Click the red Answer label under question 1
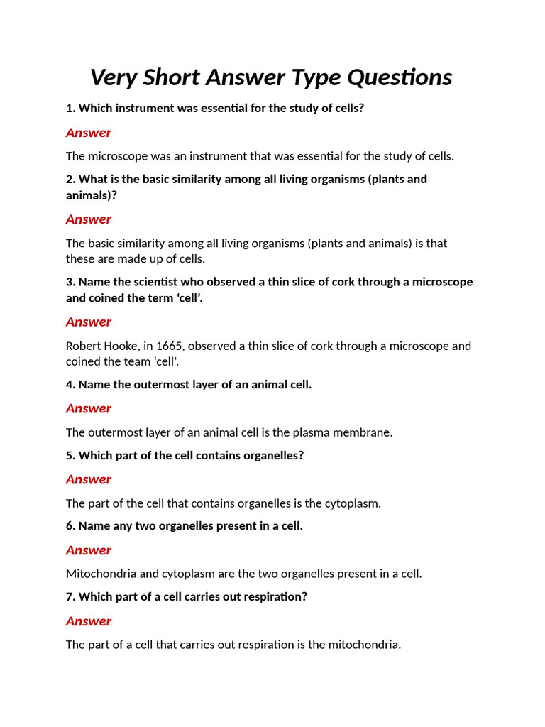click(x=89, y=133)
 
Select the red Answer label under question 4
click(x=89, y=408)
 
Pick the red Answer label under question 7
click(x=89, y=621)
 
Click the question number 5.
click(x=70, y=455)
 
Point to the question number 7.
click(x=70, y=596)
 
